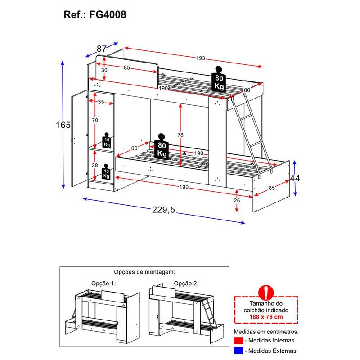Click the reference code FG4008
click(x=108, y=14)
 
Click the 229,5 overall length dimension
click(x=163, y=210)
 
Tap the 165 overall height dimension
click(x=63, y=125)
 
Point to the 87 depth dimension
click(x=102, y=49)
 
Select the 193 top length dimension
click(x=200, y=58)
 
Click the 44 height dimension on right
click(x=295, y=178)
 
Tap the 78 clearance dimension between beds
click(x=180, y=135)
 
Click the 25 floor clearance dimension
click(x=237, y=200)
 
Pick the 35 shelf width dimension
click(x=101, y=102)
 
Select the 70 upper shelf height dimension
click(x=95, y=120)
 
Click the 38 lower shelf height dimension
click(x=95, y=165)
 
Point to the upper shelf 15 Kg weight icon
click(x=107, y=140)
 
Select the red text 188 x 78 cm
click(x=266, y=317)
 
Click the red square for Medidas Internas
click(x=238, y=340)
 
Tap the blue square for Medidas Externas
click(x=238, y=351)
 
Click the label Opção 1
click(x=103, y=283)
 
